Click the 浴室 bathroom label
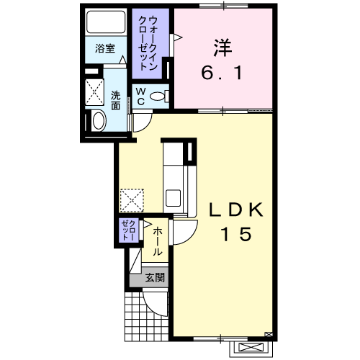(105, 48)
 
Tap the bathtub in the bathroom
(106, 22)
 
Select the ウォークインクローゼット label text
(148, 43)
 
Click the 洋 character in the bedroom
(222, 48)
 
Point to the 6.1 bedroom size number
(222, 73)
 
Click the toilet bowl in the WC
(158, 96)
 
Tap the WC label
(141, 96)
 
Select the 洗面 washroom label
(115, 101)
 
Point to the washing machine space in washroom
(94, 92)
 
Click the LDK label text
(236, 210)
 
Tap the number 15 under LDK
(236, 234)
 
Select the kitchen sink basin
(173, 198)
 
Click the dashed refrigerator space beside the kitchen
(132, 201)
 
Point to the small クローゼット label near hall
(130, 230)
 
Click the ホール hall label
(157, 241)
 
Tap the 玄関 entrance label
(155, 278)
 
